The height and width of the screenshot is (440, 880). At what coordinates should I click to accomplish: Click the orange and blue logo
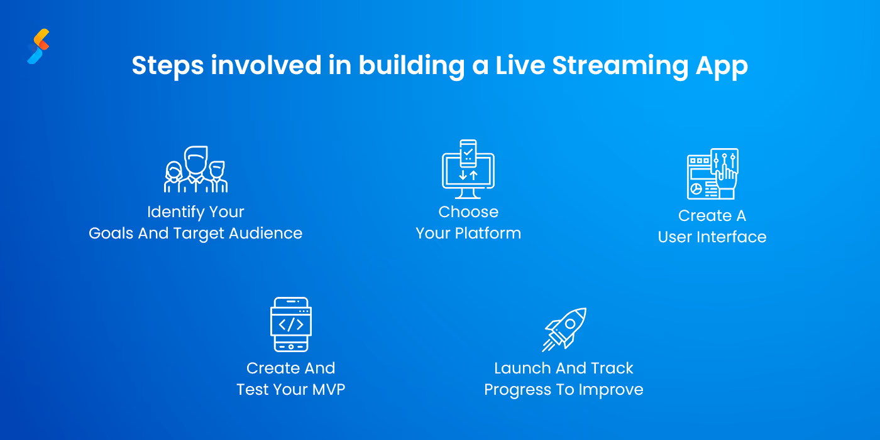pos(38,46)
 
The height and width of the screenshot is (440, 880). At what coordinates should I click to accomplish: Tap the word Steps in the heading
pos(167,66)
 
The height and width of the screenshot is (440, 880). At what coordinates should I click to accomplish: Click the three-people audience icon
pos(195,169)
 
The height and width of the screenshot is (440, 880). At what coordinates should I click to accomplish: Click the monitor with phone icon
pos(468,168)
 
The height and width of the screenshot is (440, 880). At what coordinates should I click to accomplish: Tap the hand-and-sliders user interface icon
pos(712,173)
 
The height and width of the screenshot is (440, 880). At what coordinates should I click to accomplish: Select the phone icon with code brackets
pos(290,325)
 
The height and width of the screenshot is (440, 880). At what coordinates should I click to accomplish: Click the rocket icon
pos(565,329)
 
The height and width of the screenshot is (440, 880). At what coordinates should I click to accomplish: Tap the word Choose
pos(468,212)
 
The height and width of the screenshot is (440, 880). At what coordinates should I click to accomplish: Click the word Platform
pos(488,233)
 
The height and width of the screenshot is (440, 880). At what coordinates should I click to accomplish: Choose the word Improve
pos(612,390)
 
